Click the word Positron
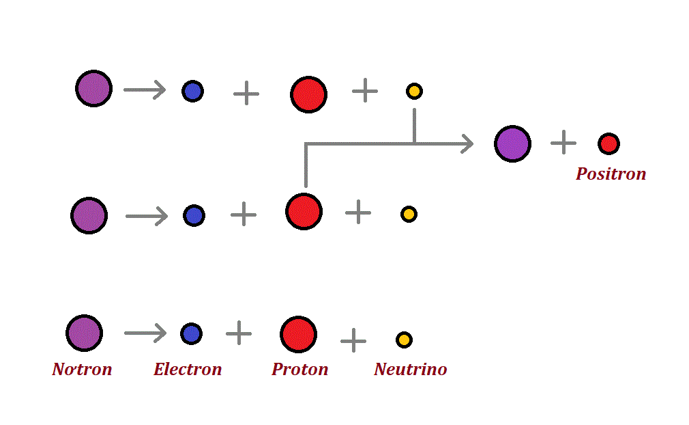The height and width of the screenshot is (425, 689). coord(611,174)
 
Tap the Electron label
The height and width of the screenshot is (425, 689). coord(188,370)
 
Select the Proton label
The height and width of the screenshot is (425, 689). coord(299,370)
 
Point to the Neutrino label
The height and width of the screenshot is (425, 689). coord(410,370)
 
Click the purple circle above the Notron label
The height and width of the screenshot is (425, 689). coord(84,333)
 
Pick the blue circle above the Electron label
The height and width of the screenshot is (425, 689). coord(191,333)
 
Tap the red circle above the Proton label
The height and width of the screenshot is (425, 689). coord(298,334)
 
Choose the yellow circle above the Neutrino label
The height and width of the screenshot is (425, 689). coord(404,340)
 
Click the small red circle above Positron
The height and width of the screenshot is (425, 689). coord(609,143)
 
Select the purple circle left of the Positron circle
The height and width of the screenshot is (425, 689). coord(512,143)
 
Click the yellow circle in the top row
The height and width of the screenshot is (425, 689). coord(414,91)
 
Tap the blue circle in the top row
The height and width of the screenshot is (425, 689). coord(192,91)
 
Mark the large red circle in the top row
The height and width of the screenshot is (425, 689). coord(308,94)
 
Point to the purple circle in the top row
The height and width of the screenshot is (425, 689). coord(93,88)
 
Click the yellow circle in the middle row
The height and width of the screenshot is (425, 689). coord(409,214)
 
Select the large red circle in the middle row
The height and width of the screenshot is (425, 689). coord(304,211)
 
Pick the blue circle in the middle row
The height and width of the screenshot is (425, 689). coord(194,215)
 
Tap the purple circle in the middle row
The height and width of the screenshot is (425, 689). coord(89,215)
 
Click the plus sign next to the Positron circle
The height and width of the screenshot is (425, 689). coord(563,143)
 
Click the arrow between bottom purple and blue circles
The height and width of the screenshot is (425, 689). coord(145,333)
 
